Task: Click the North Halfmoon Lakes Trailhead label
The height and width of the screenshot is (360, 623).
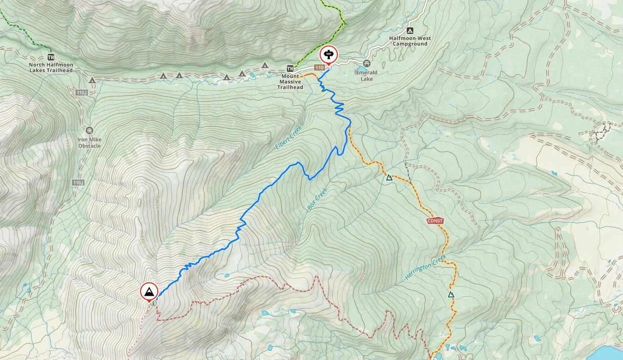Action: [x=51, y=67]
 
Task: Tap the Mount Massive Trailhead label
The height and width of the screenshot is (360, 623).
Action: [x=290, y=81]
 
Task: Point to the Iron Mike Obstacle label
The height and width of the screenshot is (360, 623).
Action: [x=89, y=142]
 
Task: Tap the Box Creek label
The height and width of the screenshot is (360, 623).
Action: [x=318, y=199]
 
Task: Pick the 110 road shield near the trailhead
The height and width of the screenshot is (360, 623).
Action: [x=319, y=67]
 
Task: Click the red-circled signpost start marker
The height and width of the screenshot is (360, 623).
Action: [x=328, y=54]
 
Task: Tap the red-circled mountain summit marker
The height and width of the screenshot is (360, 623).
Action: [x=149, y=292]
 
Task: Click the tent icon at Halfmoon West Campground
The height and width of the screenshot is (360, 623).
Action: [x=410, y=31]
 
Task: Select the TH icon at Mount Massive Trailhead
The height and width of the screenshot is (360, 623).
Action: [x=290, y=68]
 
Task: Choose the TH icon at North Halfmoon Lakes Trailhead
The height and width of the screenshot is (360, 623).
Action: [x=50, y=57]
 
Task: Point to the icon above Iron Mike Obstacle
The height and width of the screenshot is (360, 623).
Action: [x=89, y=131]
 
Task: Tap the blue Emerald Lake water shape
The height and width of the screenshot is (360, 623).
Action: [x=361, y=68]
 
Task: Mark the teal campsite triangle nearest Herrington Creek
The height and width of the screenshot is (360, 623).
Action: [x=451, y=294]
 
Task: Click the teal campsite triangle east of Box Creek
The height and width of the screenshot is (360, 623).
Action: [x=389, y=177]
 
